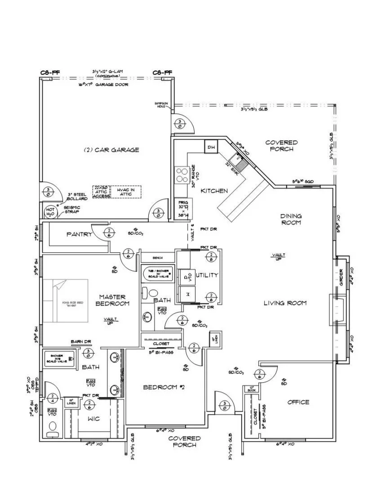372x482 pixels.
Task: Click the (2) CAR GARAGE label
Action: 111,150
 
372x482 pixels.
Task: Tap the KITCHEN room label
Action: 214,191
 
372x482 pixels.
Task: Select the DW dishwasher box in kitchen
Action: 211,147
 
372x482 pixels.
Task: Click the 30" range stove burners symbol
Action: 182,174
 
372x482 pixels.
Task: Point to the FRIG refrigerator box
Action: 182,209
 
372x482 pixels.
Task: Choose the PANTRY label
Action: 79,234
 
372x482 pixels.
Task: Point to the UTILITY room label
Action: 207,275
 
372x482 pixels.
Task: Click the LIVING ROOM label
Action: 285,303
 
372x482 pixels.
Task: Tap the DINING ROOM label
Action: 291,219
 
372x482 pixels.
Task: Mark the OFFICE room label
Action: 298,402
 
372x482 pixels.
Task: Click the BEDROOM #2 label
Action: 162,388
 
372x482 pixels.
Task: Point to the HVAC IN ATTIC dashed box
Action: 126,192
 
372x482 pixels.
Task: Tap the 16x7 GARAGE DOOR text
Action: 103,85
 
